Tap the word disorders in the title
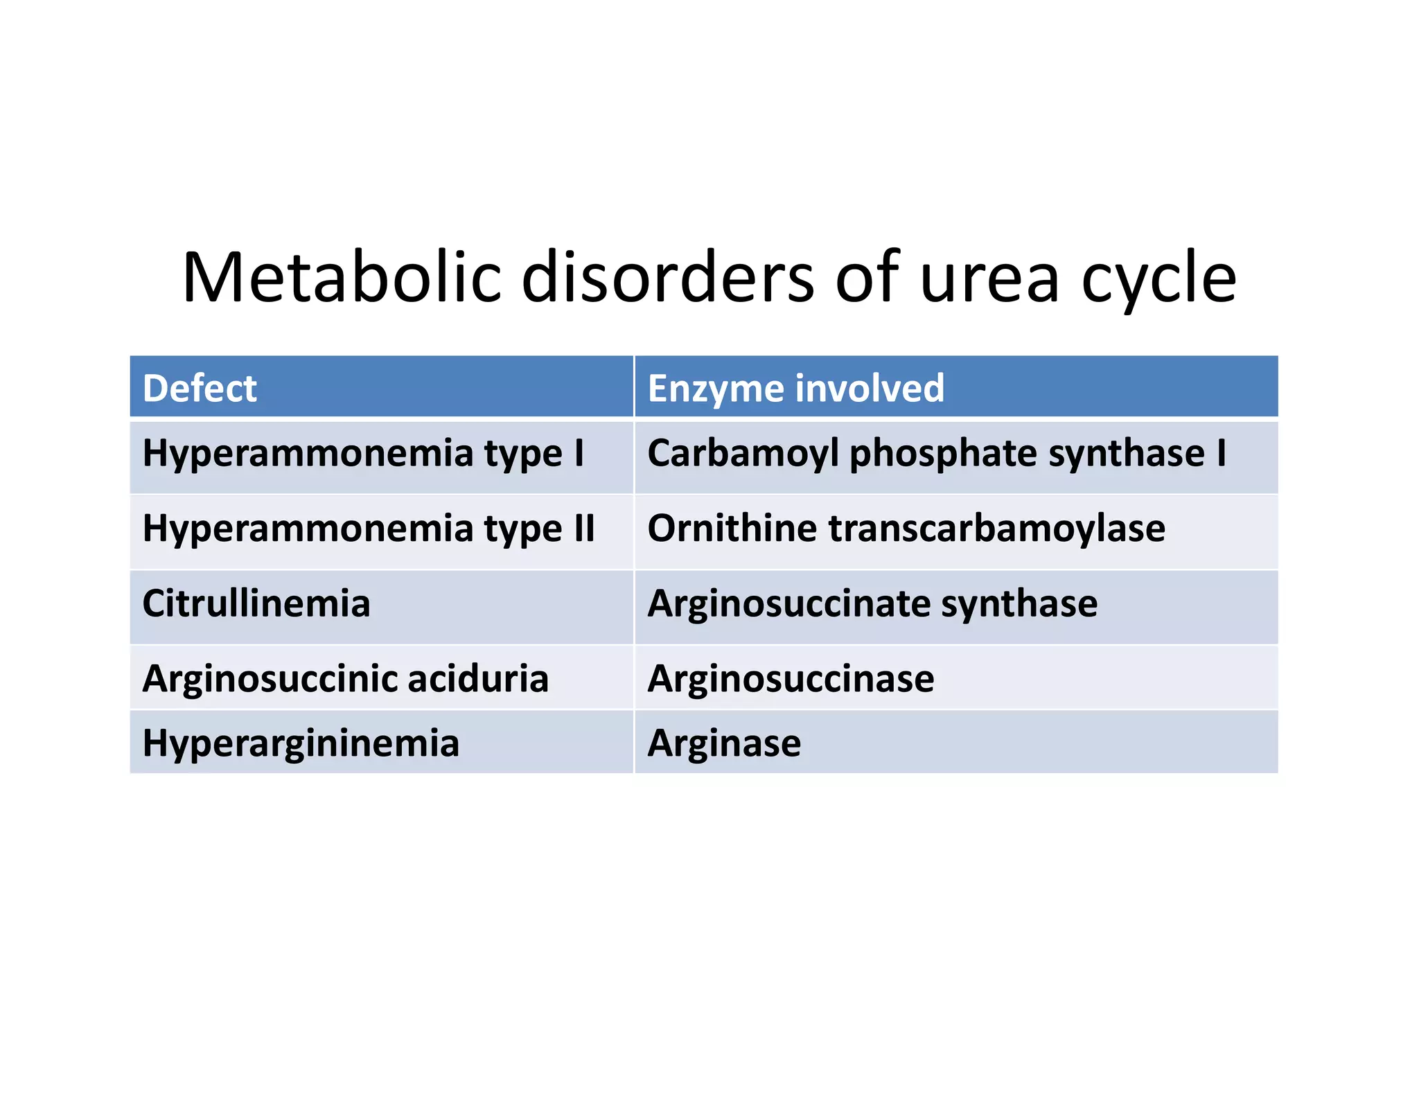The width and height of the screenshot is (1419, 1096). click(667, 277)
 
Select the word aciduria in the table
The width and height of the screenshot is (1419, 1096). click(478, 678)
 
